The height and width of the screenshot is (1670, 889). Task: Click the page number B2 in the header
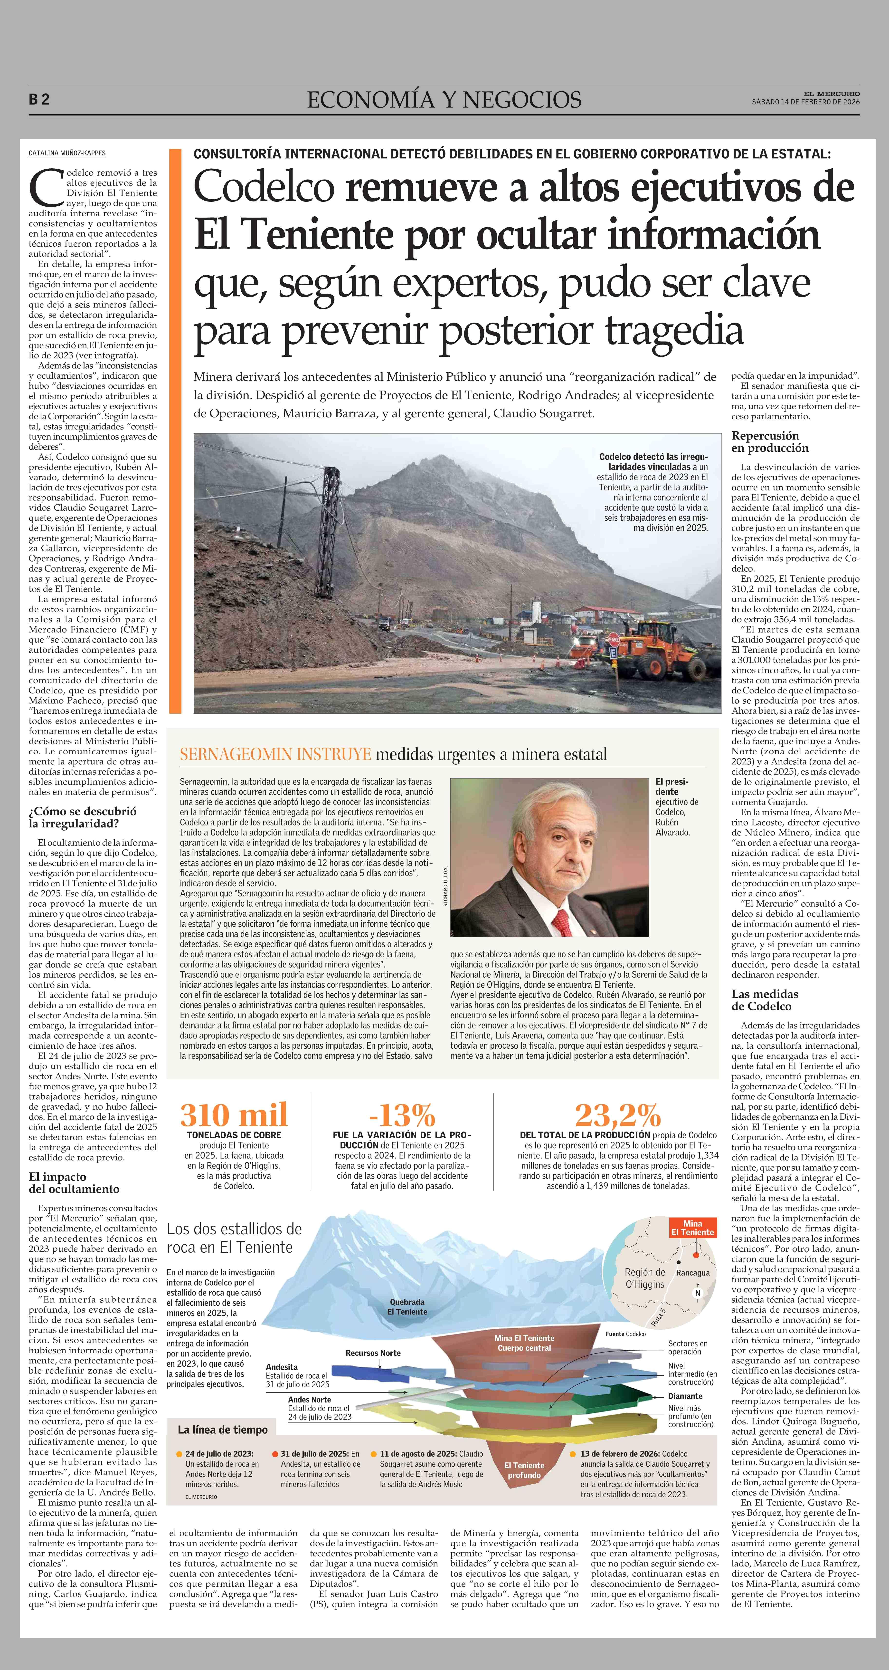[x=39, y=100]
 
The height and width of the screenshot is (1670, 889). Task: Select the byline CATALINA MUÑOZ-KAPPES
[x=67, y=153]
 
